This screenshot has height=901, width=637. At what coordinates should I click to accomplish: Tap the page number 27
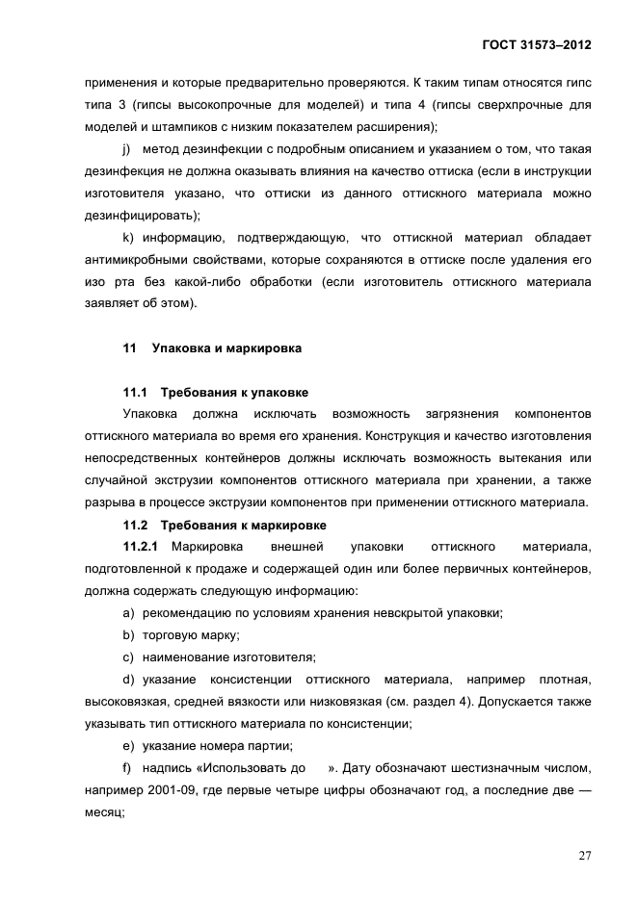click(583, 856)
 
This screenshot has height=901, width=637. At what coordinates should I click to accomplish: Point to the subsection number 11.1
click(136, 392)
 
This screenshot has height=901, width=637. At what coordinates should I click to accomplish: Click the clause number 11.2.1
click(140, 547)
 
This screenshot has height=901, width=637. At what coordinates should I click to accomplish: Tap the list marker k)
click(127, 237)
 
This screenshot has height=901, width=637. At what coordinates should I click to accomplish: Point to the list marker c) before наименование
click(127, 657)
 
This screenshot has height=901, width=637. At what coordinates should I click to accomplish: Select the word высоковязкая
click(123, 702)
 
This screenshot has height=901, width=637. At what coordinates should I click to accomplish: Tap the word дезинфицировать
click(138, 215)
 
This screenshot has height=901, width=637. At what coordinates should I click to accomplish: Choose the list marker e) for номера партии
click(127, 746)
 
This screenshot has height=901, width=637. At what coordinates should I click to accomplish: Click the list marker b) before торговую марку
click(127, 635)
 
